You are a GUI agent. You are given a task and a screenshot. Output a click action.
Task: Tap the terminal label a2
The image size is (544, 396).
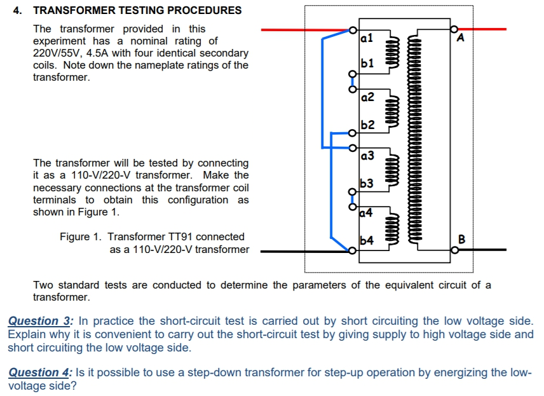click(x=367, y=97)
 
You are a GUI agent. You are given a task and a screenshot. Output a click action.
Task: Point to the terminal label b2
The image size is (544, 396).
click(x=367, y=125)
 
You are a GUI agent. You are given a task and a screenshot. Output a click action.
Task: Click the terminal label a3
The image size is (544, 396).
click(x=367, y=155)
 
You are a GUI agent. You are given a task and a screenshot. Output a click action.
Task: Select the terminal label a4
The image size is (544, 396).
click(x=367, y=212)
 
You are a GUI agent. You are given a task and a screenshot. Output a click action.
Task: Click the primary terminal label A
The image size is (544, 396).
click(x=461, y=39)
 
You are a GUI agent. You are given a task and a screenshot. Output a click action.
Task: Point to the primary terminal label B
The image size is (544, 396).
click(x=462, y=239)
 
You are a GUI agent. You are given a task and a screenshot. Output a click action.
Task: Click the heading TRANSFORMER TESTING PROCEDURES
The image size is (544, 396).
click(x=137, y=10)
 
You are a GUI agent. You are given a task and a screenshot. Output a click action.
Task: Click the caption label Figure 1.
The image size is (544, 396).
click(x=80, y=237)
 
